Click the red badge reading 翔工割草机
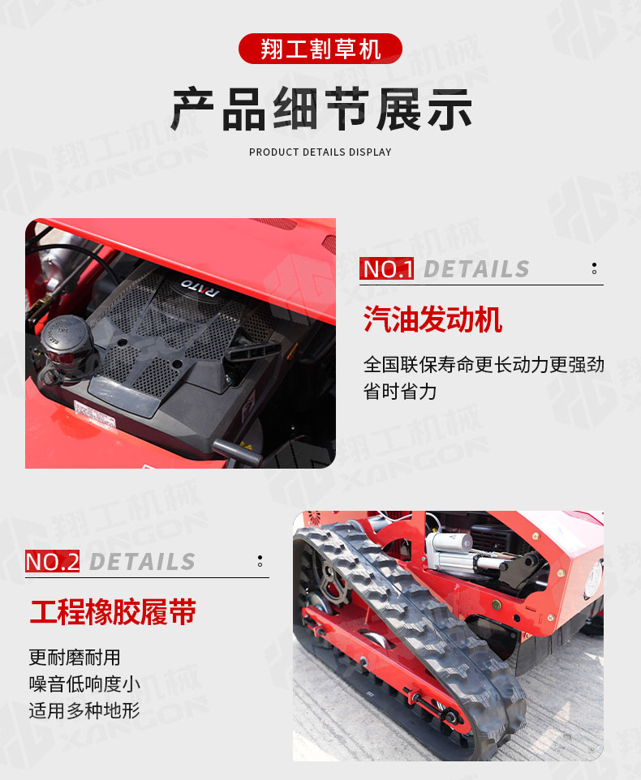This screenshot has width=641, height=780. pyautogui.click(x=320, y=49)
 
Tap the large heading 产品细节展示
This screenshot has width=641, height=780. pyautogui.click(x=321, y=109)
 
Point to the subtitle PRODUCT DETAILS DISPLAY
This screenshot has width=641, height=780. pyautogui.click(x=320, y=152)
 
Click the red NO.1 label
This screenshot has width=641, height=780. pyautogui.click(x=387, y=268)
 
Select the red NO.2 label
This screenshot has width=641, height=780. pyautogui.click(x=52, y=562)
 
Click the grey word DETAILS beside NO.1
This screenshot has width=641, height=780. pyautogui.click(x=476, y=269)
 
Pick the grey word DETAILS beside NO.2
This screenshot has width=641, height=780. pyautogui.click(x=142, y=562)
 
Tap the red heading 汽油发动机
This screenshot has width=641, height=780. pyautogui.click(x=432, y=319)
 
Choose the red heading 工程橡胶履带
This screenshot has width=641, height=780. pyautogui.click(x=113, y=612)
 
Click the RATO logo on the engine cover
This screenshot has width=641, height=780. pyautogui.click(x=200, y=287)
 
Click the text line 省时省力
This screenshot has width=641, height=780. pyautogui.click(x=400, y=392)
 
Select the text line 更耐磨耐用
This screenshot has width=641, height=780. pyautogui.click(x=74, y=658)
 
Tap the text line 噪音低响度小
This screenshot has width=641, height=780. pyautogui.click(x=84, y=684)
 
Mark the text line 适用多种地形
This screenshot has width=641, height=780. pyautogui.click(x=84, y=710)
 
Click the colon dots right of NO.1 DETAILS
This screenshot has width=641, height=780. pyautogui.click(x=594, y=268)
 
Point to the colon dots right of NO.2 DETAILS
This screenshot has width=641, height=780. pyautogui.click(x=260, y=561)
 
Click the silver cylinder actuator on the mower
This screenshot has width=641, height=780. pyautogui.click(x=455, y=551)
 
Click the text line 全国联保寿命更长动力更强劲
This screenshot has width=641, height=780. pyautogui.click(x=484, y=365)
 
